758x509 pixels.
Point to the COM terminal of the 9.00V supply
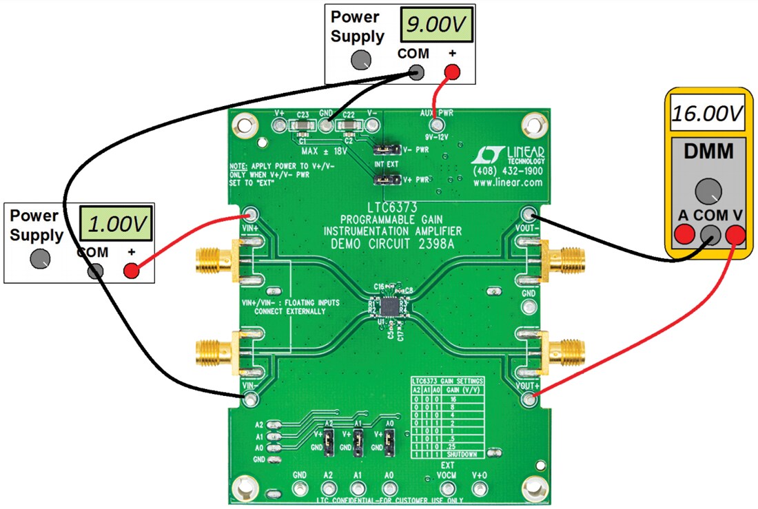pos(418,72)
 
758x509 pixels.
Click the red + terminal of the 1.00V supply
pos(130,271)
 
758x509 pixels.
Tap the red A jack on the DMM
pos(683,235)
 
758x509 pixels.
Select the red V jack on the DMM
pos(736,235)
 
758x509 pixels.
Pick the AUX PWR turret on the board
pos(436,125)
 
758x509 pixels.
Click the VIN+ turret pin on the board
pos(250,214)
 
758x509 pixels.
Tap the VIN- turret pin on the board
pos(250,397)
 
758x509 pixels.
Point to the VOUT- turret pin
pos(529,214)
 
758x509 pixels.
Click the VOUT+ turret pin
pos(529,398)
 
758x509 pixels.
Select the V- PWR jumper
pos(381,148)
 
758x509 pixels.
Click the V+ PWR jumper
pos(381,180)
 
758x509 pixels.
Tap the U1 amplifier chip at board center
pos(389,305)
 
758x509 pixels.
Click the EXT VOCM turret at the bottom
pos(446,489)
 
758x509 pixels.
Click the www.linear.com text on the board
pos(507,183)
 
